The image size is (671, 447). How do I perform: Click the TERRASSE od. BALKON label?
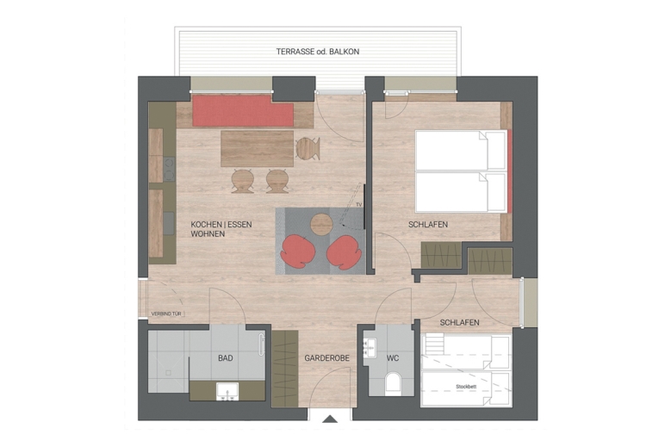317,52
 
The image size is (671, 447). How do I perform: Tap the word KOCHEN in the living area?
207,224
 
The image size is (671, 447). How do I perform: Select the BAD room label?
226,357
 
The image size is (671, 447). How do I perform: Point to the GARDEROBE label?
325,357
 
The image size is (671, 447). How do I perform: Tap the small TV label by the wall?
359,205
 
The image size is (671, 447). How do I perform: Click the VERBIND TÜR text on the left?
167,314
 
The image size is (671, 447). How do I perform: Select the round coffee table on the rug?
321,224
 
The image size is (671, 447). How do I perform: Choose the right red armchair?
345,251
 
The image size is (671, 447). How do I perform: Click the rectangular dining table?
257,147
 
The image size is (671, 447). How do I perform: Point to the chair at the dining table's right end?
308,148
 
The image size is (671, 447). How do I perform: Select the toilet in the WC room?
393,382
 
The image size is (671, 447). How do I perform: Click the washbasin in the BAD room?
227,393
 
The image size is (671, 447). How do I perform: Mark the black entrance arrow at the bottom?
330,419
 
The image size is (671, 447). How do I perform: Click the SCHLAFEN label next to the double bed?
428,225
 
